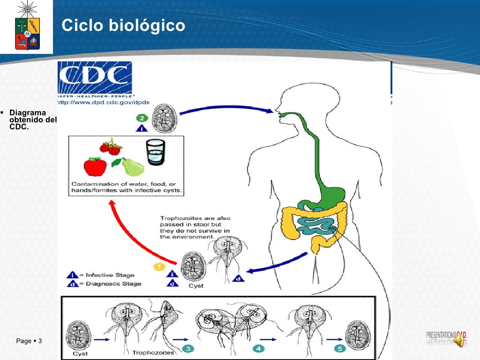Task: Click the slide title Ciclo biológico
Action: [x=123, y=25]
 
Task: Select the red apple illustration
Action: [x=96, y=166]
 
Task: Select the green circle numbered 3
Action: [x=188, y=349]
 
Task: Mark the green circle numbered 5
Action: [x=339, y=349]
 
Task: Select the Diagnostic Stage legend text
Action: [x=111, y=284]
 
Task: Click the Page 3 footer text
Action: [x=29, y=341]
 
